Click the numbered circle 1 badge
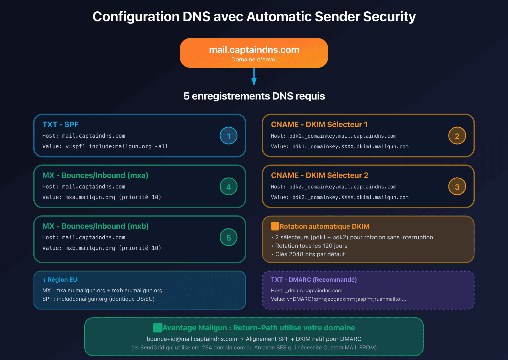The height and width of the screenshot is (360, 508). tap(229, 136)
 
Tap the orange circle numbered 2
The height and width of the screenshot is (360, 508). tap(457, 136)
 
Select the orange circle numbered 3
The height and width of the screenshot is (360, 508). tap(457, 187)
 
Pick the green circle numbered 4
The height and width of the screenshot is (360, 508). tap(229, 187)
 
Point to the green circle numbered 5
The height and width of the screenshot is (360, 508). tap(229, 237)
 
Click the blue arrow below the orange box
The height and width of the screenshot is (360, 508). tap(254, 77)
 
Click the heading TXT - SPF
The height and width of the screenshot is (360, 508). tap(60, 124)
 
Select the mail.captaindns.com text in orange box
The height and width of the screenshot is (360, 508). tap(254, 50)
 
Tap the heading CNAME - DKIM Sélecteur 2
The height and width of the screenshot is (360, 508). tap(319, 175)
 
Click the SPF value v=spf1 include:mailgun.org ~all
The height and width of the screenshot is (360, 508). tap(117, 146)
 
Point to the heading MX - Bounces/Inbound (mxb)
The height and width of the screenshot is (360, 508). tap(95, 226)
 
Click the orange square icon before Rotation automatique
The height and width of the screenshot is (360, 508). tap(275, 226)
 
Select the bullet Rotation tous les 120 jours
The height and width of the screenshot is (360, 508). tap(311, 246)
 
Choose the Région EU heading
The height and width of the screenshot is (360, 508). tap(62, 280)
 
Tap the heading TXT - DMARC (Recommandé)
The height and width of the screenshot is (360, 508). tap(314, 280)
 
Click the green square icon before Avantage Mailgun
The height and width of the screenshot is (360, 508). tap(157, 328)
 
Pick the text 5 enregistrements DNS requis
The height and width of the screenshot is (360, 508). tap(254, 96)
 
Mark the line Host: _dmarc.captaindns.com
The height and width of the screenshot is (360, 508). tap(306, 290)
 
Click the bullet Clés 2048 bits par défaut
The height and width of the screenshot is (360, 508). tap(310, 254)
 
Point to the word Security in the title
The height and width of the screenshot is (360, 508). tap(389, 17)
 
